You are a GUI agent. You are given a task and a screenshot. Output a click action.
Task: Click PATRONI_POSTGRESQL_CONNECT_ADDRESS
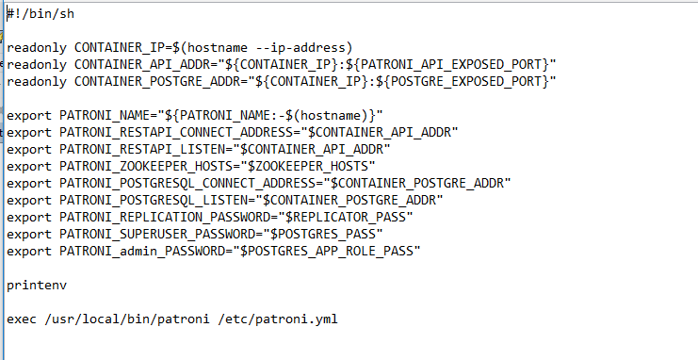pos(187,183)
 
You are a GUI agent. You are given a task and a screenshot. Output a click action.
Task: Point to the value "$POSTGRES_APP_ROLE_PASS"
pos(329,251)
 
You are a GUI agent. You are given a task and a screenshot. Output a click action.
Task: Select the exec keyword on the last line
pos(22,319)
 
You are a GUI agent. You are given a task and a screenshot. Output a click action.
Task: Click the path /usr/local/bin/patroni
pos(121,319)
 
